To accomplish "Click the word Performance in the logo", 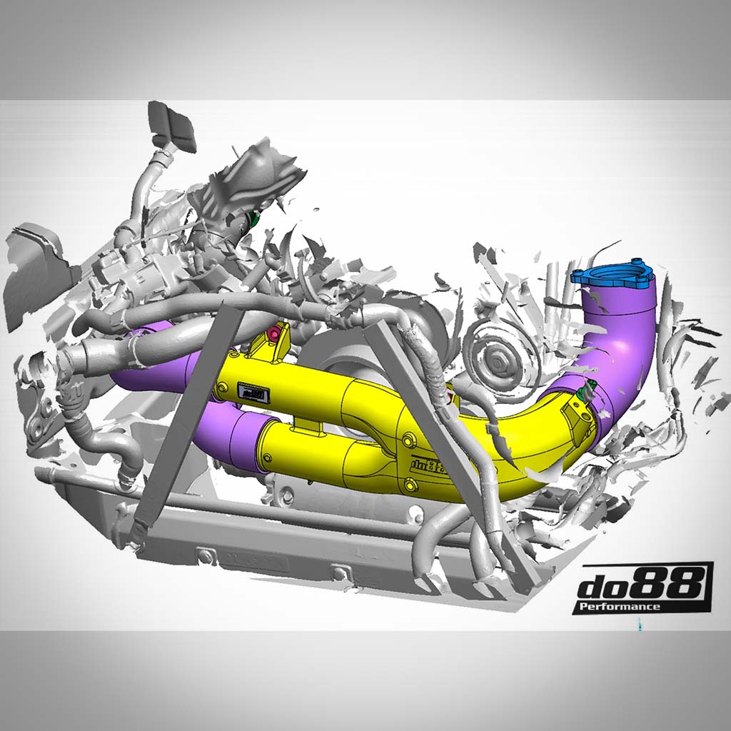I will pos(618,606).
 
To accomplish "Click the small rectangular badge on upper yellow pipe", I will pos(253,392).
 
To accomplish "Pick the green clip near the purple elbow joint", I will pos(590,390).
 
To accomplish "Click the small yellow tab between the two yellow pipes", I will pos(307,424).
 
